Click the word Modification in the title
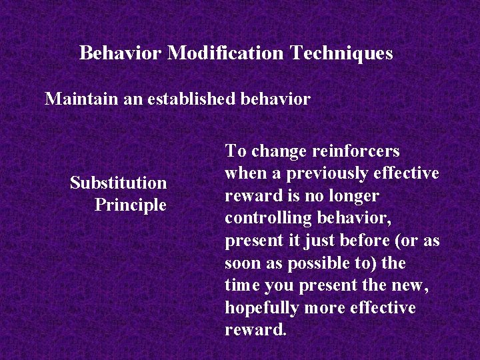point(226,53)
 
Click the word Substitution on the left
point(118,183)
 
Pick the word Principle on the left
point(130,205)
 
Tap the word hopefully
point(261,308)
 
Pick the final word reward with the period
point(255,330)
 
